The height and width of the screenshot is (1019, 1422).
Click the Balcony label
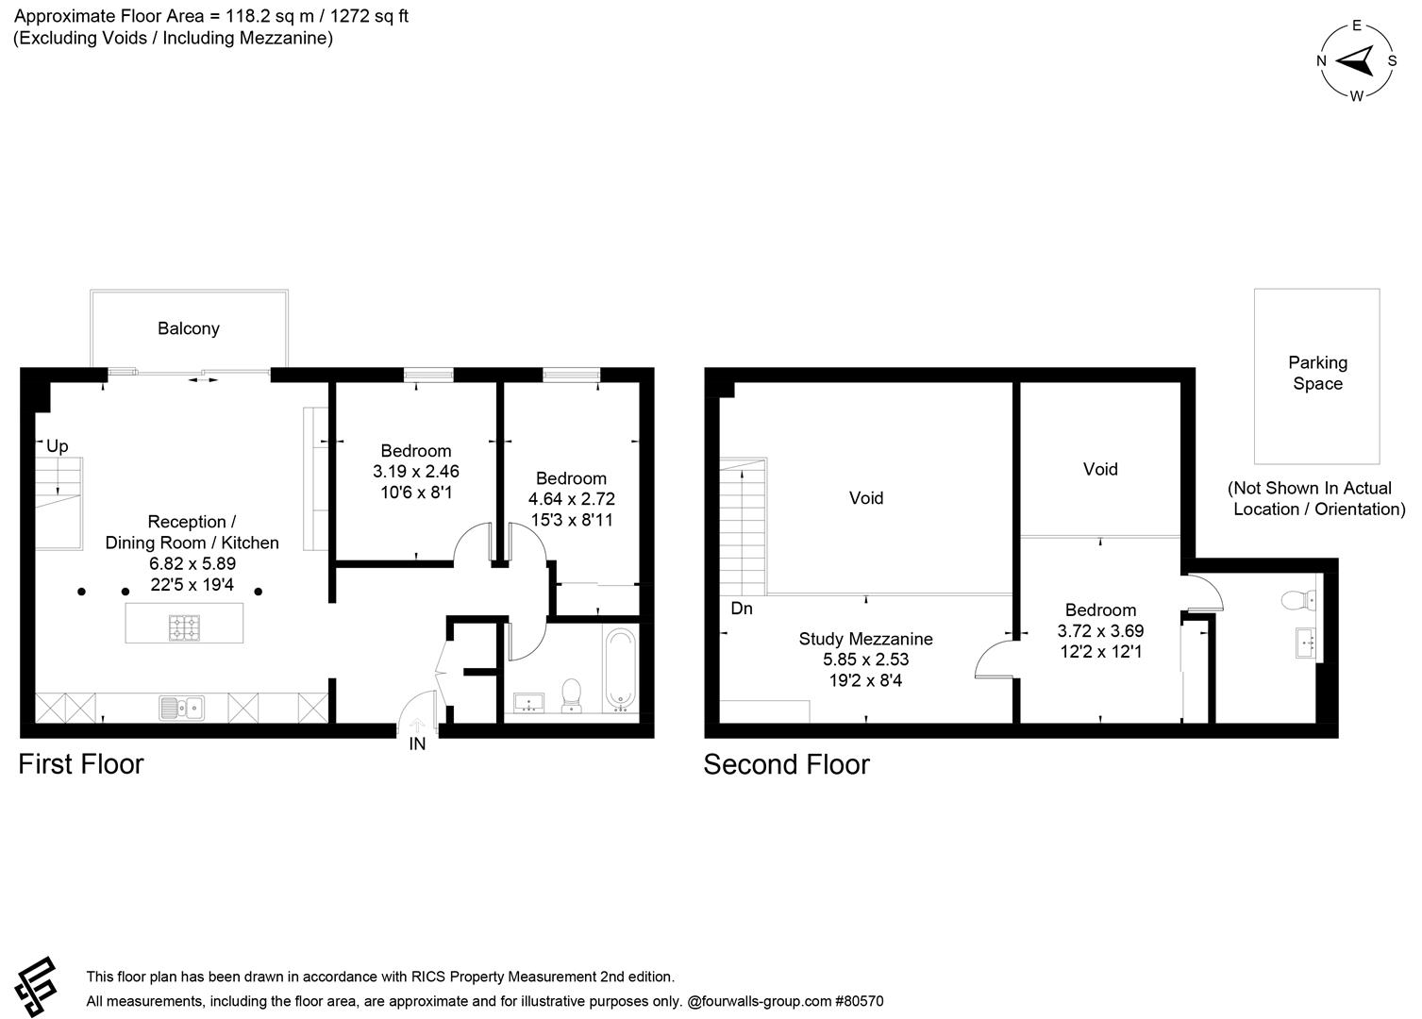[188, 328]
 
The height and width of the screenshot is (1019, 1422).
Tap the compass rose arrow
[1356, 61]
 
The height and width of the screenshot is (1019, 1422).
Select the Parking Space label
[1317, 373]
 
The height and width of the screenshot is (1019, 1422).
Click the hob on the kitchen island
[184, 626]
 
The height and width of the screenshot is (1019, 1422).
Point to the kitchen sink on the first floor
[182, 707]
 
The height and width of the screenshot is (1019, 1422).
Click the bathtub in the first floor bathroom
[620, 670]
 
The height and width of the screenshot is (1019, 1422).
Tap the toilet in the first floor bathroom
[570, 694]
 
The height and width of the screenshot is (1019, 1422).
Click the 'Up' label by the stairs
[57, 446]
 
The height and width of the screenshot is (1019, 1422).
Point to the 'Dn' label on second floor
[742, 609]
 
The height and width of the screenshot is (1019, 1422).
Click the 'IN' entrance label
[417, 743]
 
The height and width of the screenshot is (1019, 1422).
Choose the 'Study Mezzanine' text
[865, 639]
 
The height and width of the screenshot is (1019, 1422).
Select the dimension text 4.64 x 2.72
[571, 499]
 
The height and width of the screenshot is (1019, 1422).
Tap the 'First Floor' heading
[80, 763]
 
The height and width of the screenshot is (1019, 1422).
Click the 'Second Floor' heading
[786, 763]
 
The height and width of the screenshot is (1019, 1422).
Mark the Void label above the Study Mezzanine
[865, 497]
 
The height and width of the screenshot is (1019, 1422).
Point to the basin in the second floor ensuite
[1308, 643]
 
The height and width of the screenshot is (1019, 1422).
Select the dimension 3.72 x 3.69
[1100, 630]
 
